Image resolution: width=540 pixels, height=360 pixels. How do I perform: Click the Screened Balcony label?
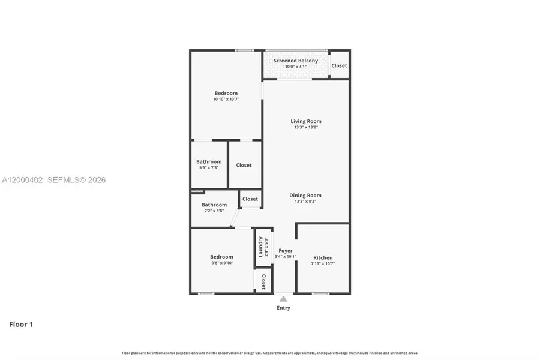(x=296, y=61)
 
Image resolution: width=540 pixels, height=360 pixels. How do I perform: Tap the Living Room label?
(x=306, y=121)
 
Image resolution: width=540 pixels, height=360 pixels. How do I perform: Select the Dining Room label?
(x=306, y=195)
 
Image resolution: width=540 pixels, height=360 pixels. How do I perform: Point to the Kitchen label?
(x=323, y=257)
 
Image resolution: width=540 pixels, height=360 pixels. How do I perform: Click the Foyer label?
(x=286, y=251)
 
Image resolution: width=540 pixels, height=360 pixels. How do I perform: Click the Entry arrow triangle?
(x=284, y=298)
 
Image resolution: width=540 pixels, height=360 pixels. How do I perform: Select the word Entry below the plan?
(x=284, y=308)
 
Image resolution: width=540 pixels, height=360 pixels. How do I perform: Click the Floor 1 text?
(x=21, y=325)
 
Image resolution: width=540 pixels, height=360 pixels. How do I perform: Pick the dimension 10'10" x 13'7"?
(x=226, y=100)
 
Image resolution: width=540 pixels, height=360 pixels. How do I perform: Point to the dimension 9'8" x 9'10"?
(x=221, y=263)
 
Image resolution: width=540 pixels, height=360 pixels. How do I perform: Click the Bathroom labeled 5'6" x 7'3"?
(x=209, y=161)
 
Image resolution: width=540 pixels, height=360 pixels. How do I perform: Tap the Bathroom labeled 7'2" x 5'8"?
(x=214, y=205)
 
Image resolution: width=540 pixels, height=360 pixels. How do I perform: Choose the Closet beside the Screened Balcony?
(x=339, y=65)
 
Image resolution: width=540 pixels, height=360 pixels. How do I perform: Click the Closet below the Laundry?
(x=263, y=281)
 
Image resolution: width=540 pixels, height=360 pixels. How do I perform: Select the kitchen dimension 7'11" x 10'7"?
(x=323, y=263)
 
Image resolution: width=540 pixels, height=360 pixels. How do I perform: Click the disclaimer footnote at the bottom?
(x=270, y=353)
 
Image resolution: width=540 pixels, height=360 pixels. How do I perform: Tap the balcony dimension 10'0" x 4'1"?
(x=296, y=67)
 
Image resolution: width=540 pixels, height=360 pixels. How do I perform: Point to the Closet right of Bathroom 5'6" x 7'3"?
(x=244, y=165)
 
